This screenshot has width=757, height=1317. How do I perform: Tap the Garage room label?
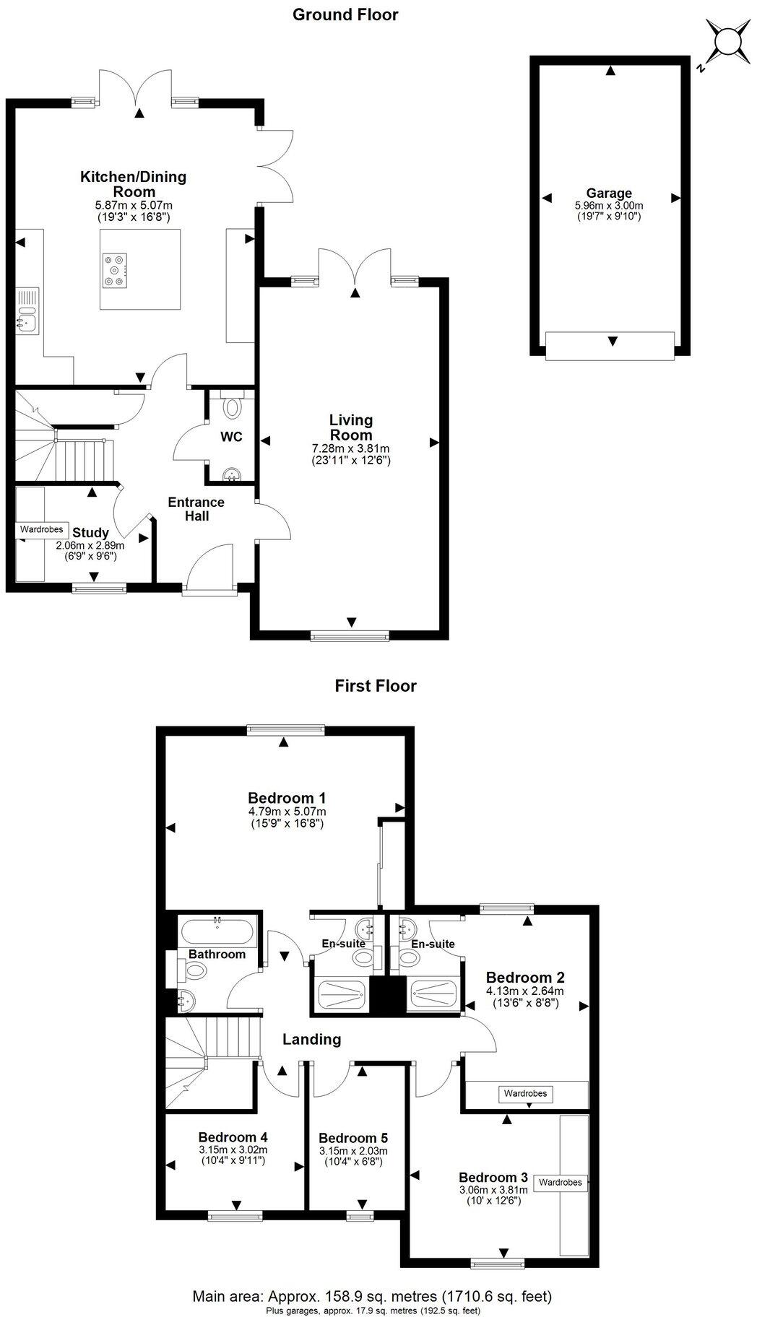[609, 193]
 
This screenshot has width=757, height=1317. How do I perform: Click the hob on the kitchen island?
[115, 270]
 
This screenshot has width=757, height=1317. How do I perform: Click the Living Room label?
[351, 427]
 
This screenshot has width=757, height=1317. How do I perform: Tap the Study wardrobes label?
[42, 529]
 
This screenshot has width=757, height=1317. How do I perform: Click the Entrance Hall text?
[196, 509]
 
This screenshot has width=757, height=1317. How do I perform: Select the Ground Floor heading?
[345, 14]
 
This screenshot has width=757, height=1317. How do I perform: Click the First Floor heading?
[376, 685]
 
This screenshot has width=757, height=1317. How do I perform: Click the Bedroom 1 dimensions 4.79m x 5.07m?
[287, 812]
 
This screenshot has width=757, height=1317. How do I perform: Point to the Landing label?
[311, 1040]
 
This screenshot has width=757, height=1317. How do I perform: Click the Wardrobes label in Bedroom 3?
[561, 1183]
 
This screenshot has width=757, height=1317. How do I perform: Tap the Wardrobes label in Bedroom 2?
[526, 1093]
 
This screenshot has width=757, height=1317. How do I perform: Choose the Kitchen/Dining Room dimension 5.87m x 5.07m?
[128, 205]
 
